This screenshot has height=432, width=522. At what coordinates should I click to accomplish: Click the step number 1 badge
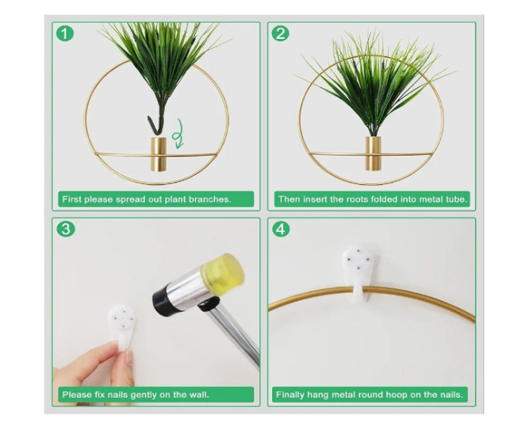65,33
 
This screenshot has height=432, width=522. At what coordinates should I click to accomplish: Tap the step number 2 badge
281,33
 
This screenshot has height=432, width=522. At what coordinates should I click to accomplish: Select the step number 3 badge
66,229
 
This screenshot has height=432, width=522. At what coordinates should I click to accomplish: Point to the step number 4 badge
281,229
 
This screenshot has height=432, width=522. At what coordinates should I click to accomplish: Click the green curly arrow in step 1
178,134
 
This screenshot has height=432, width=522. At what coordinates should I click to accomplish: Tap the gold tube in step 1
159,154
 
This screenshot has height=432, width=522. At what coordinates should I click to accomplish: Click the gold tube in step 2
374,153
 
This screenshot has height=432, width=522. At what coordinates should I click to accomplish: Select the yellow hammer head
224,270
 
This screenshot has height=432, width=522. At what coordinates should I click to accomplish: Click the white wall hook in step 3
121,325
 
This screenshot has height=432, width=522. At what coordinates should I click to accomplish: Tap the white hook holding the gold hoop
358,272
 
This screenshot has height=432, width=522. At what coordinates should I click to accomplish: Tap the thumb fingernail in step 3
130,358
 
